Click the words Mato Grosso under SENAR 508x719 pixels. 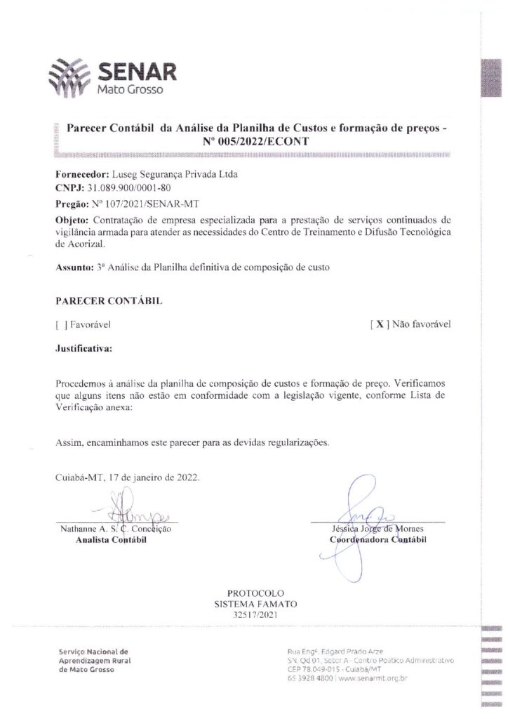click(130, 91)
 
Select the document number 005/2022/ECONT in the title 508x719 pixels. click(262, 141)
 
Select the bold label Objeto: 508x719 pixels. click(71, 220)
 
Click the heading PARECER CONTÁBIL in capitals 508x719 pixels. click(109, 301)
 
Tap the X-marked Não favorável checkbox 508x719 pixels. click(379, 324)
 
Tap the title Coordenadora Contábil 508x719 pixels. click(377, 540)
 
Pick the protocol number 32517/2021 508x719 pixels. click(255, 614)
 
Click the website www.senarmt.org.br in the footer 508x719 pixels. click(375, 678)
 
